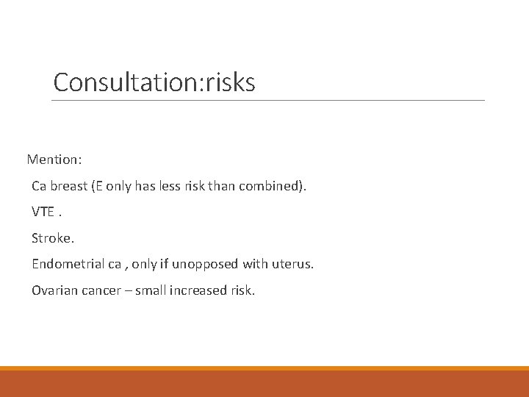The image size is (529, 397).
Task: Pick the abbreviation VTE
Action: tap(43, 212)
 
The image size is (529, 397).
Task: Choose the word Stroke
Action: tap(52, 238)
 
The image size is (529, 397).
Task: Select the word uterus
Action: tap(292, 264)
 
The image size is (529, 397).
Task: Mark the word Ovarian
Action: tap(54, 290)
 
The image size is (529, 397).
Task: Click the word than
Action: tap(223, 186)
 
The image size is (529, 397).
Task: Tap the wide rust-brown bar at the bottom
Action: tap(264, 384)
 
